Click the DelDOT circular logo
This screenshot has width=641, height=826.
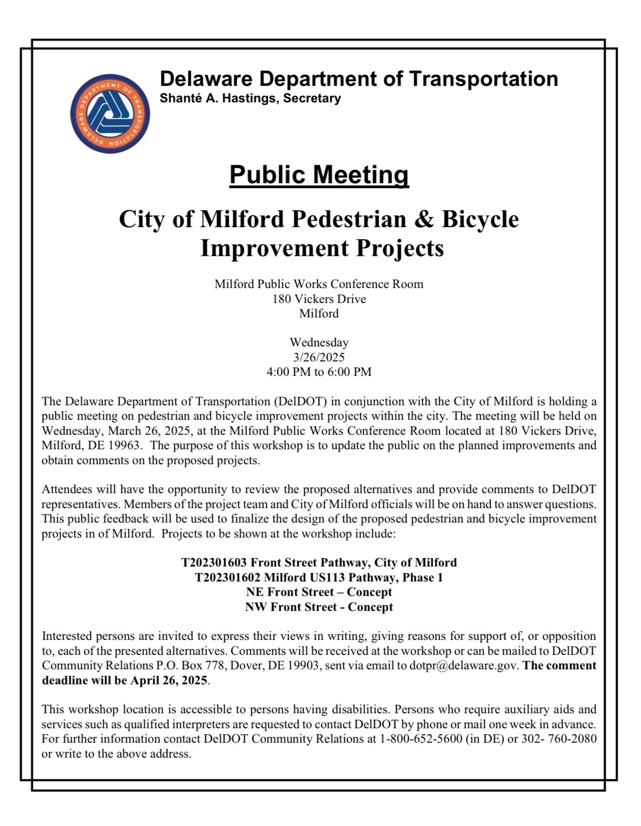(x=110, y=114)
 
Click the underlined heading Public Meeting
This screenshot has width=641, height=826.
(x=319, y=175)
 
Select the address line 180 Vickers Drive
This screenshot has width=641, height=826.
(x=319, y=299)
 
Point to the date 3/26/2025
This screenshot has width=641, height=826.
(x=319, y=357)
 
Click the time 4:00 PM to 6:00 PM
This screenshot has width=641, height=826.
(x=319, y=372)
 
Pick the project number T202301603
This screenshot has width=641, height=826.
(x=214, y=563)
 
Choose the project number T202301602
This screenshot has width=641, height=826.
(x=227, y=577)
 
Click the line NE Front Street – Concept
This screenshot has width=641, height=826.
(x=319, y=592)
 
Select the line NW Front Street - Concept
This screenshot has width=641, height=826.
(x=319, y=607)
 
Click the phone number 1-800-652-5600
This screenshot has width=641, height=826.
(x=421, y=739)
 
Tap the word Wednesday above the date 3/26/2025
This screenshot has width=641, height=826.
(x=319, y=343)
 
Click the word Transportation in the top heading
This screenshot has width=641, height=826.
(x=483, y=79)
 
